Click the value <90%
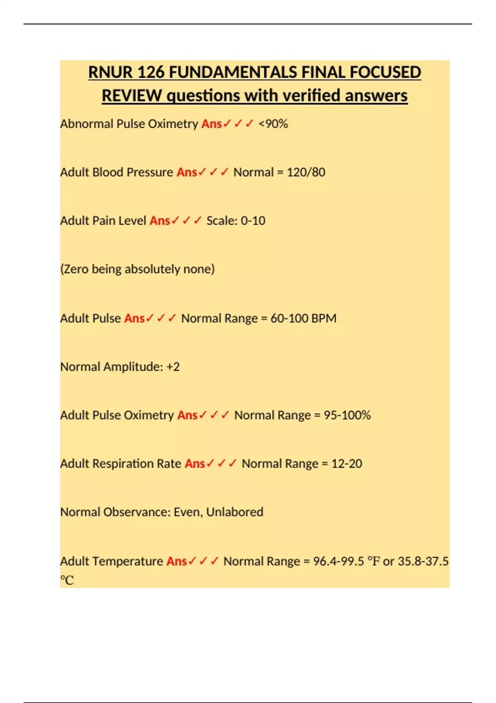coord(273,124)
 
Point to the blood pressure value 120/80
coord(306,172)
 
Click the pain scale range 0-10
coord(253,220)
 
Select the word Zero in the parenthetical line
coord(76,269)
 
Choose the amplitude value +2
coord(173,367)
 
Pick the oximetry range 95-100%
coord(347,415)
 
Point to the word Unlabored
coord(234,512)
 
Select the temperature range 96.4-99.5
coord(339,561)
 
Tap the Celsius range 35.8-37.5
coord(423,561)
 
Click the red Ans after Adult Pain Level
coord(160,220)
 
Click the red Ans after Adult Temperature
coord(176,561)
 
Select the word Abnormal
coord(86,124)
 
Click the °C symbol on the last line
coord(67,580)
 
